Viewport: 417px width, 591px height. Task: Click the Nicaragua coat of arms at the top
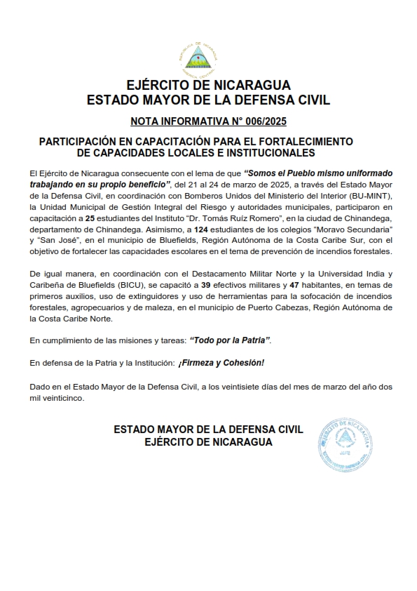(x=207, y=60)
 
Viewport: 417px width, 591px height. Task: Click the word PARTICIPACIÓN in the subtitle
(x=80, y=141)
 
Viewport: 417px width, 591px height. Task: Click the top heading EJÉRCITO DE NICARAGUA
(x=208, y=86)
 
